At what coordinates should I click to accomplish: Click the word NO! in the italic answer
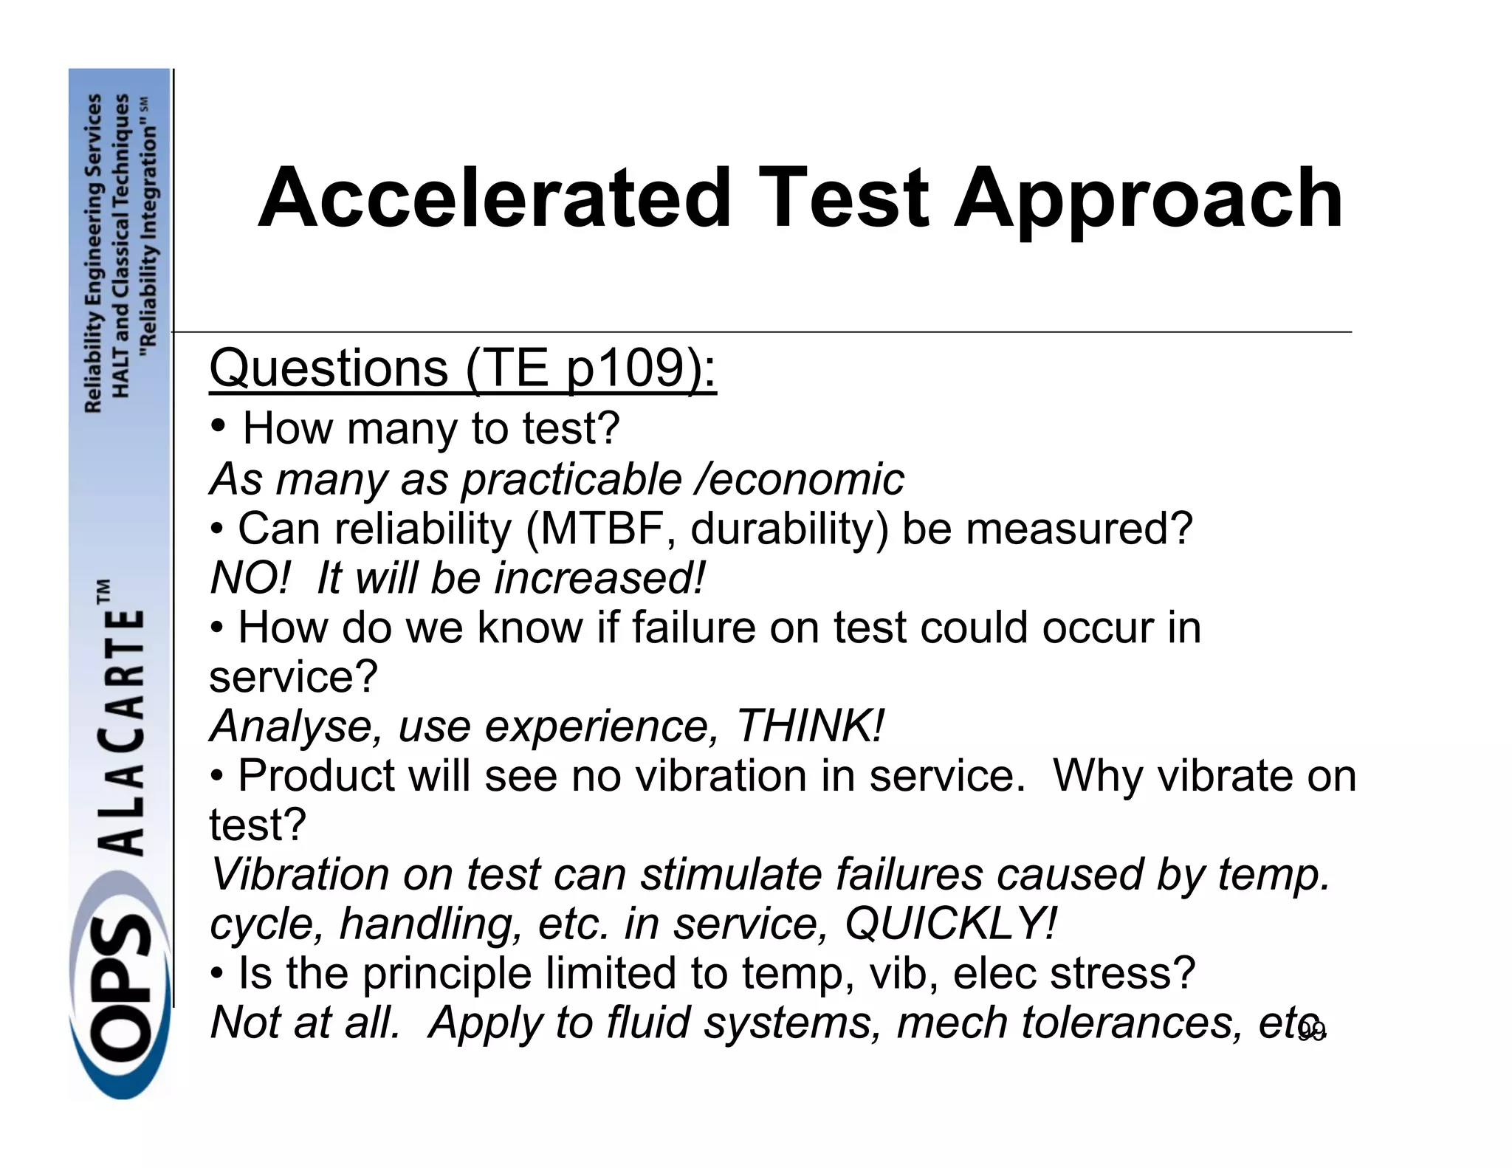coord(250,578)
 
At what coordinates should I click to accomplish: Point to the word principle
coord(447,973)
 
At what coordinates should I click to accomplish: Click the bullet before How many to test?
coord(218,426)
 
